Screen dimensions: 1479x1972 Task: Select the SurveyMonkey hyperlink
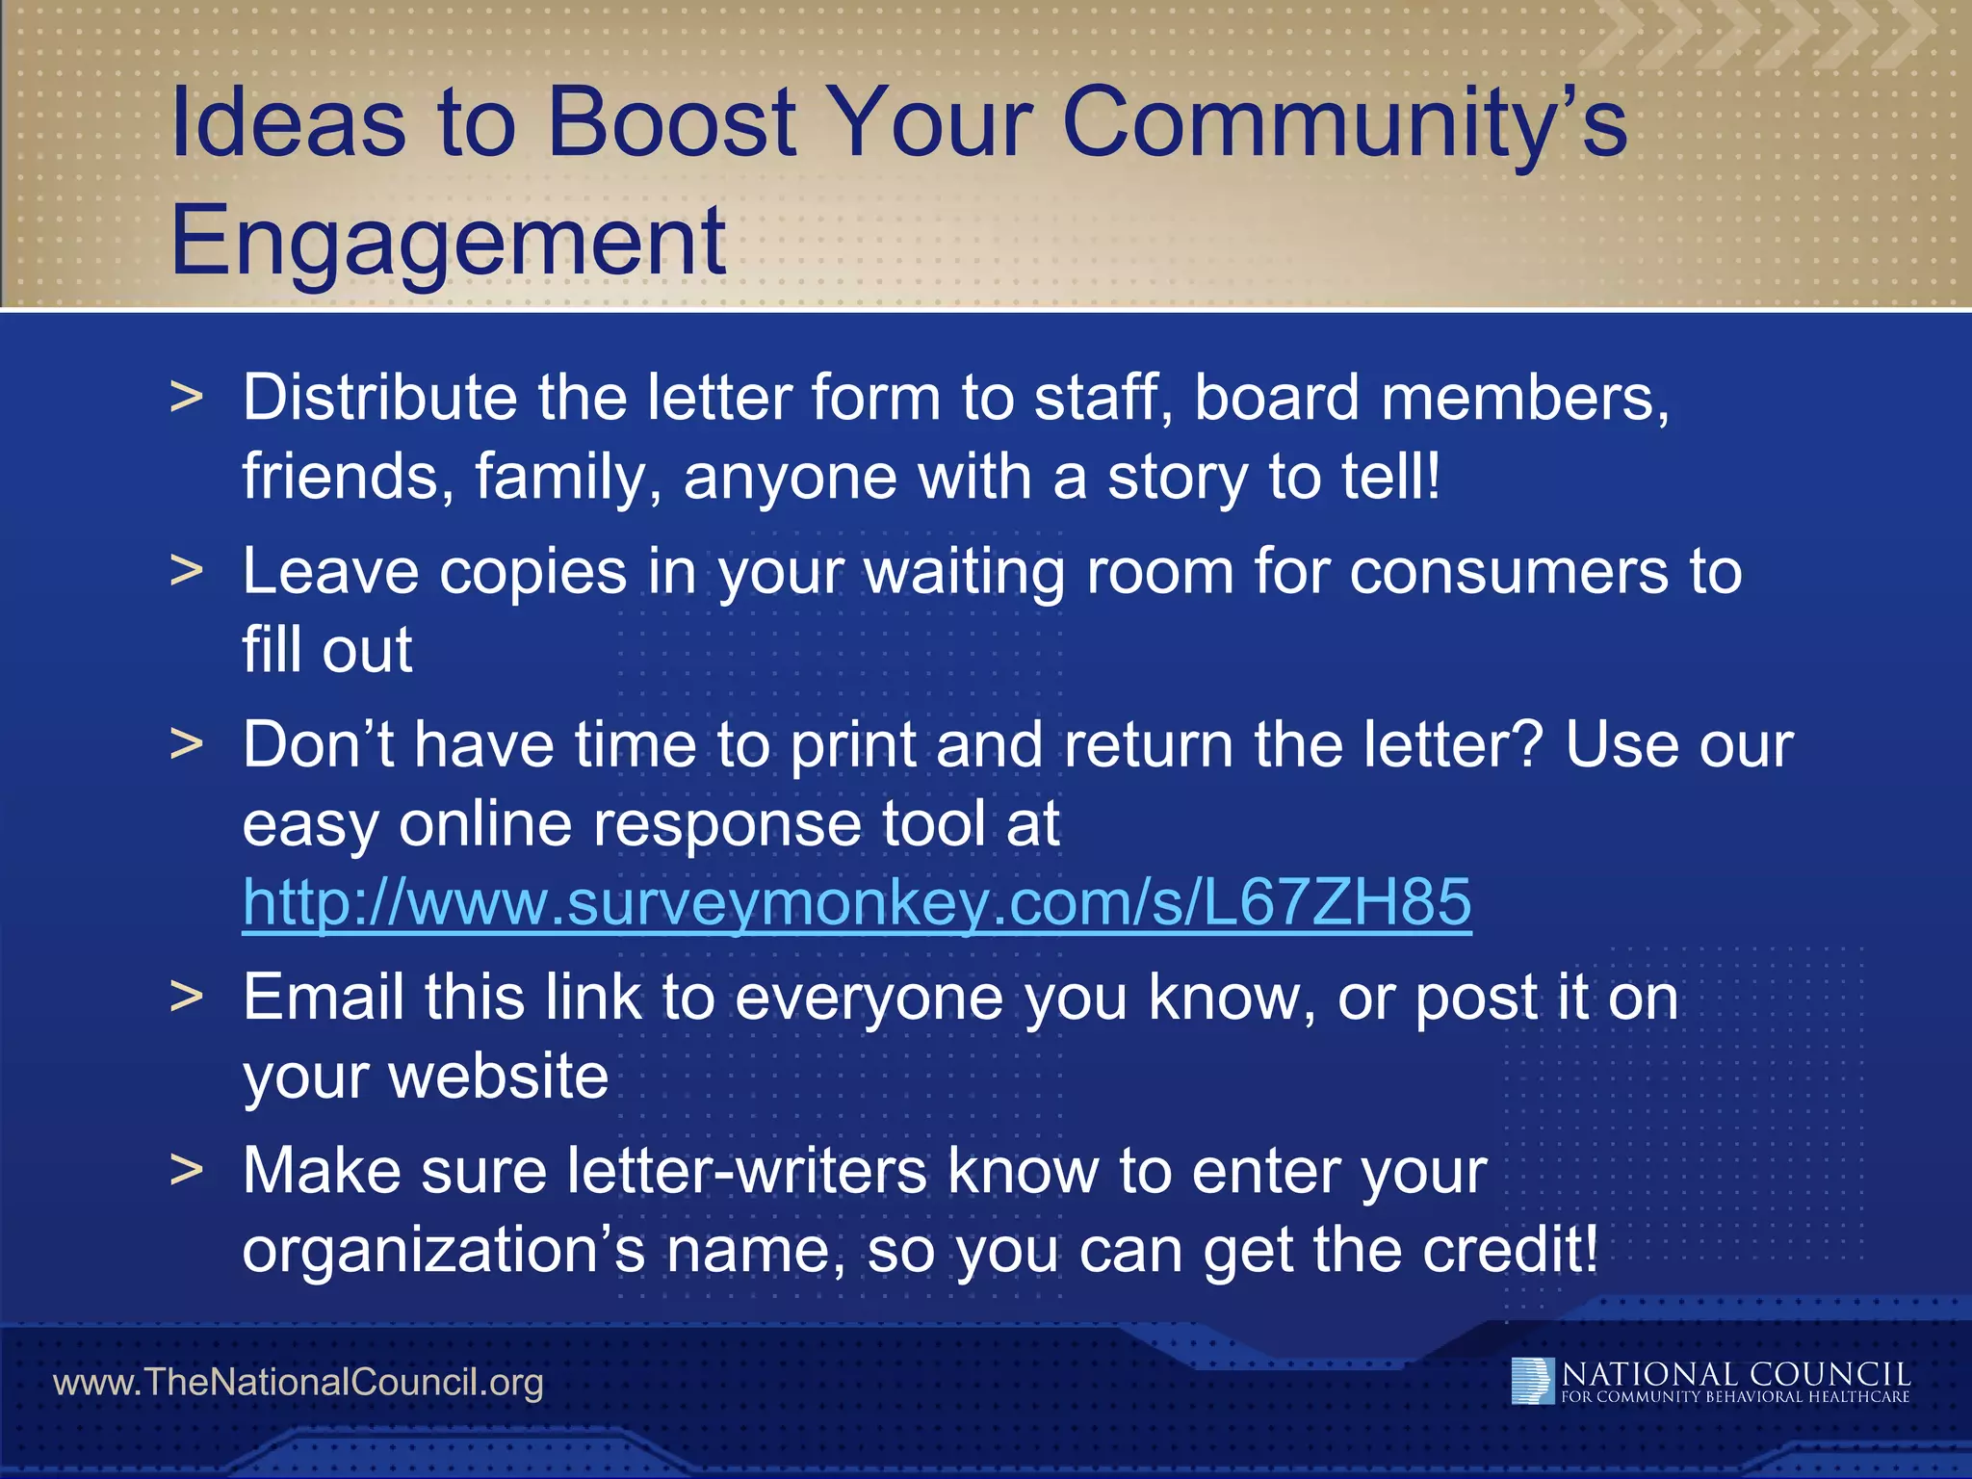pos(856,902)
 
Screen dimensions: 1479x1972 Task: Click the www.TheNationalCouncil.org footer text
pos(298,1383)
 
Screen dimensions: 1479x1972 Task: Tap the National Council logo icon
pos(1532,1381)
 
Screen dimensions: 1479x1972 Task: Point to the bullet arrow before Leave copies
pos(187,570)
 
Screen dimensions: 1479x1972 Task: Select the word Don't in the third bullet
pos(319,744)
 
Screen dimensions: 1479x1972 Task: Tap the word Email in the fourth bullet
pos(323,997)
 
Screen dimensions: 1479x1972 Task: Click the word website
pos(498,1076)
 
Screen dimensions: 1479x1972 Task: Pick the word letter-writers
pos(746,1171)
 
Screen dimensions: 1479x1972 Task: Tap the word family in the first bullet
pos(567,478)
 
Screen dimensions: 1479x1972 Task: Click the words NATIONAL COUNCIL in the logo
pos(1735,1374)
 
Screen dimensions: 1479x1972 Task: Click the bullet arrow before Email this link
pos(187,997)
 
